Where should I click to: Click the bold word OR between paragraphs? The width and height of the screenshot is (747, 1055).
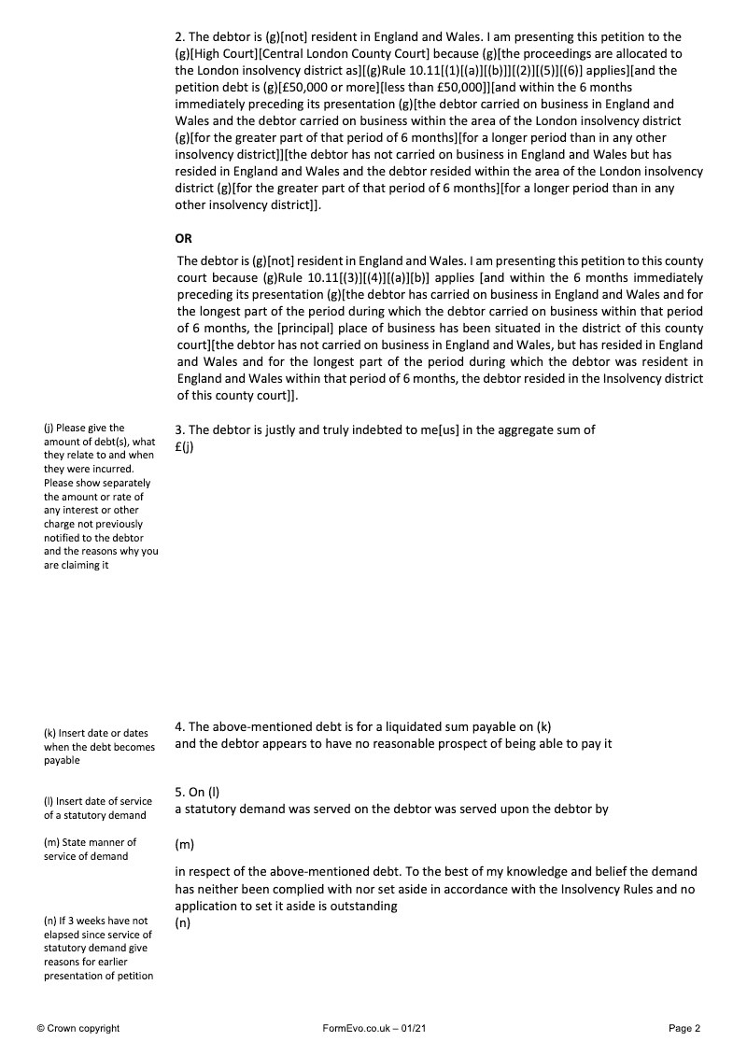click(x=183, y=238)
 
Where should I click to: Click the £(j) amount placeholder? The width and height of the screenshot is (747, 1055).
click(x=184, y=445)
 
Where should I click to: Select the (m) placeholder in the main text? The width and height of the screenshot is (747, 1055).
click(x=184, y=845)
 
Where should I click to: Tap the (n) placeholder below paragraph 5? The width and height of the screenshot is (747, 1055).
click(x=183, y=922)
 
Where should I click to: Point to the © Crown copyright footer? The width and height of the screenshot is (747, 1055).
click(x=78, y=1028)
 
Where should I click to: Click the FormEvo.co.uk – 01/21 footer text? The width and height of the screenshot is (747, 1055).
click(x=373, y=1028)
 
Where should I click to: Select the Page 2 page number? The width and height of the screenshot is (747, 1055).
click(x=684, y=1028)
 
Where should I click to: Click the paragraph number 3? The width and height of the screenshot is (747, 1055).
click(x=179, y=429)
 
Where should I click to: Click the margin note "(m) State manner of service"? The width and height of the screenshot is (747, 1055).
click(x=90, y=850)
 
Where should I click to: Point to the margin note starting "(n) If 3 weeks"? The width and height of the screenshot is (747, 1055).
click(x=97, y=949)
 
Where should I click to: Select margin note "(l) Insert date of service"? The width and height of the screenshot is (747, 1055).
click(x=97, y=809)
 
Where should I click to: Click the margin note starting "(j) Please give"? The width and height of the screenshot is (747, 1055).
click(x=100, y=497)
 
